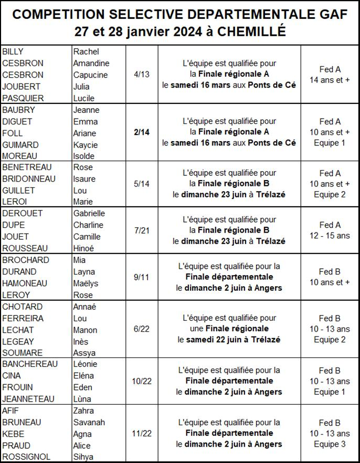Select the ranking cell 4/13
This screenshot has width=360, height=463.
tap(142, 75)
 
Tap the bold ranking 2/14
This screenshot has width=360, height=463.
tap(142, 132)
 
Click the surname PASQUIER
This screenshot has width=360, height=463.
tap(23, 98)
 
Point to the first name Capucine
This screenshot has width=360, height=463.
tap(90, 75)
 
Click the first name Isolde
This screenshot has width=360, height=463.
tap(84, 156)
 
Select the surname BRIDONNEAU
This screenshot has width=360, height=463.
tap(29, 179)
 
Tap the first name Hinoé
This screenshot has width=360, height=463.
tap(84, 248)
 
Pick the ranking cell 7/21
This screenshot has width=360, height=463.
tap(142, 230)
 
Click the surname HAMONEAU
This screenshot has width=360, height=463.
tap(25, 283)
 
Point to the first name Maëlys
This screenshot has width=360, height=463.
tap(86, 283)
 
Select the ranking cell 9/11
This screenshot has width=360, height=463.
tap(142, 277)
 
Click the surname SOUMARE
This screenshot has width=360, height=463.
tap(23, 353)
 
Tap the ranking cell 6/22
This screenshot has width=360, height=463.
tap(142, 329)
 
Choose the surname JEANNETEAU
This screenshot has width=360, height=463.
tap(28, 399)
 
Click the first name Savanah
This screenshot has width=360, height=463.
tap(89, 422)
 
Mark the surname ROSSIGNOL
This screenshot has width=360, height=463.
tap(26, 457)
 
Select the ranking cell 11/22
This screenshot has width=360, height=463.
tap(142, 434)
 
